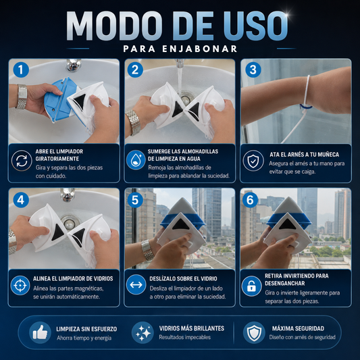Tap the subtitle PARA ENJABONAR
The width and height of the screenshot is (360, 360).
point(180,49)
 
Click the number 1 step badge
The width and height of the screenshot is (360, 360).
point(21,70)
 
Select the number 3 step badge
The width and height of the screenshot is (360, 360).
point(253,70)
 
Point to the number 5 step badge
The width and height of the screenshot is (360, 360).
point(135,200)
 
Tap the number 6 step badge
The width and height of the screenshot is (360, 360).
point(250,200)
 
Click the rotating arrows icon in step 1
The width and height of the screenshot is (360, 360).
point(22,161)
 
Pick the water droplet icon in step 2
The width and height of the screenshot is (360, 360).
point(136,160)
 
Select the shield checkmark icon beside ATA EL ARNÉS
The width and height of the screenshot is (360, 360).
point(253,161)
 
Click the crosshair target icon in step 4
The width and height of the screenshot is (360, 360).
point(20,286)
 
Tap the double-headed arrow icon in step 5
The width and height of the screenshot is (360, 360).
point(136,285)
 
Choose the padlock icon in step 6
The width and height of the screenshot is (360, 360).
point(252,286)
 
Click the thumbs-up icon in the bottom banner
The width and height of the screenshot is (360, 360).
point(40,333)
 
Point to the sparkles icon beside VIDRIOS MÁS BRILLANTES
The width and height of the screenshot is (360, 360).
point(143,333)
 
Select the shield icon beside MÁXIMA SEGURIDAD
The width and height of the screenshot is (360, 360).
point(254,333)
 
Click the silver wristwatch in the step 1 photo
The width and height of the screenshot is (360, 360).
point(22,97)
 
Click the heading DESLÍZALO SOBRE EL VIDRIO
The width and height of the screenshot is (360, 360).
point(183,279)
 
